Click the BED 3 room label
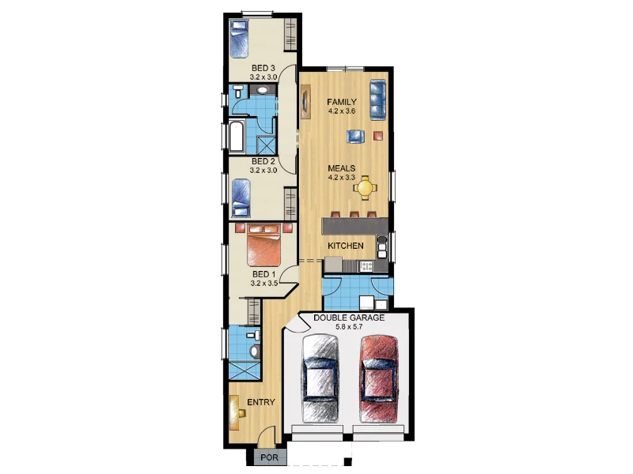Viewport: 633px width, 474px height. click(x=263, y=68)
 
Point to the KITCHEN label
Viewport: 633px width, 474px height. click(x=347, y=246)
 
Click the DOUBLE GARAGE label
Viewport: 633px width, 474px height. click(x=349, y=318)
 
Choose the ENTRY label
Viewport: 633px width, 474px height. click(x=261, y=402)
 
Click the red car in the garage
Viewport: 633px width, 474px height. click(x=377, y=378)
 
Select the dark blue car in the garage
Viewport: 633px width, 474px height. click(x=320, y=378)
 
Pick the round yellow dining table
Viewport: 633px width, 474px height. click(x=366, y=187)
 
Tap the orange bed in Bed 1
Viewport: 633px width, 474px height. click(x=264, y=246)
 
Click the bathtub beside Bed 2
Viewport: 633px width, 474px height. click(x=237, y=136)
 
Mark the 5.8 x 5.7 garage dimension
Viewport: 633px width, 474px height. click(x=349, y=327)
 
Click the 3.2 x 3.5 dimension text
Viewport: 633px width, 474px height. click(x=263, y=282)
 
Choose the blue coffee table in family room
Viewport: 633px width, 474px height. click(x=355, y=137)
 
